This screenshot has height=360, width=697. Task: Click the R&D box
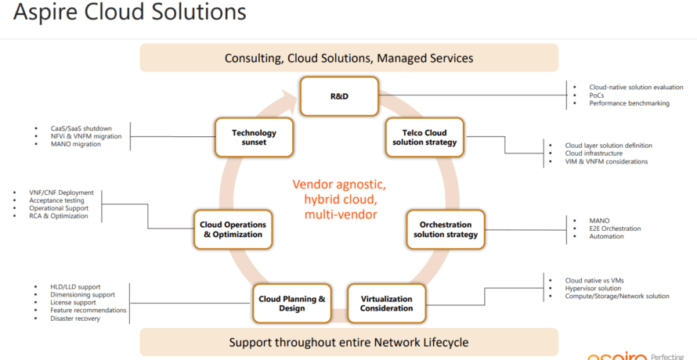(338, 95)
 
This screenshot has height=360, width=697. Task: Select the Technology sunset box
(254, 138)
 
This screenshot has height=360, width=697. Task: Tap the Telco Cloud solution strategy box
(424, 138)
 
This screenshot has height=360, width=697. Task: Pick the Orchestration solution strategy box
(446, 229)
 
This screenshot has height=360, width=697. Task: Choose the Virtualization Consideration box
(386, 304)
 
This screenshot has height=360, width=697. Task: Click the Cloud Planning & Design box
(292, 304)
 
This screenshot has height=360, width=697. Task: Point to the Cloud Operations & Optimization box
(233, 229)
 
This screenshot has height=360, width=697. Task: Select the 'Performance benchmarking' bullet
(629, 103)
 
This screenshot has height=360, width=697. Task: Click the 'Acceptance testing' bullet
(57, 200)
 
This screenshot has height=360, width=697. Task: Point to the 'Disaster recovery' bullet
(75, 319)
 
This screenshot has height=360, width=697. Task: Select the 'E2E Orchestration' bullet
(615, 229)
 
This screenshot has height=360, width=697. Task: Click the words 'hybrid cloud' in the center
(339, 200)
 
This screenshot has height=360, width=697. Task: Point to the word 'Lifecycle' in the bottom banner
(442, 343)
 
